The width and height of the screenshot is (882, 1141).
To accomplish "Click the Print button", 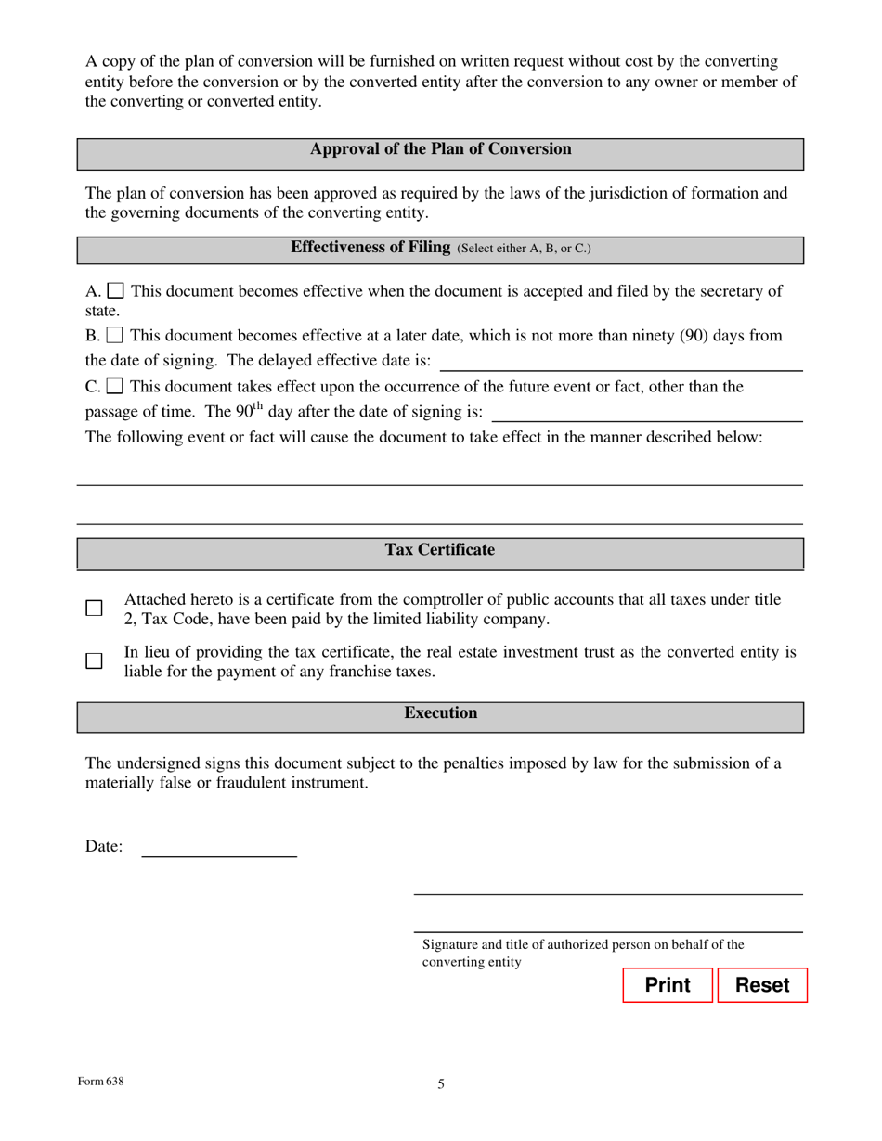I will point(667,985).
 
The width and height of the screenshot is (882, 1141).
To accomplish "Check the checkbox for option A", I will point(116,291).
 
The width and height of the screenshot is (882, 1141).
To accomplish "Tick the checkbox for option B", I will point(115,335).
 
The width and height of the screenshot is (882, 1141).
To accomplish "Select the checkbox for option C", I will point(115,386).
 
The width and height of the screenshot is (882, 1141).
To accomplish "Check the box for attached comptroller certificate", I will point(94,609).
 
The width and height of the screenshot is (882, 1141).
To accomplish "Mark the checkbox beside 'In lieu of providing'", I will point(94,661).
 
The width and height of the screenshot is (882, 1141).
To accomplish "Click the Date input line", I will point(218,846).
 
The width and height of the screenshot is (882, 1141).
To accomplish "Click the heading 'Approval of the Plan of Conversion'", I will point(440,149).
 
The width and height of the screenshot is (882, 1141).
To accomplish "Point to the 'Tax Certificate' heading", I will point(440,550).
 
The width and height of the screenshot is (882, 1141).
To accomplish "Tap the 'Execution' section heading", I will point(440,713).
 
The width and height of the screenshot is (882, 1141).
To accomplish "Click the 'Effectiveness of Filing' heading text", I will point(370,248).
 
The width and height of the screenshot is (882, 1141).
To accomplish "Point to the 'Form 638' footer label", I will point(100,1081).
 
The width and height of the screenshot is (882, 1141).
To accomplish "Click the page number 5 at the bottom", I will point(441,1083).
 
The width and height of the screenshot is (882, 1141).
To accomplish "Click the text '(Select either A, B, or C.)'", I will point(524,249).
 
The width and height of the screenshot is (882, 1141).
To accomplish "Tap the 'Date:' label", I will point(104,846).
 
